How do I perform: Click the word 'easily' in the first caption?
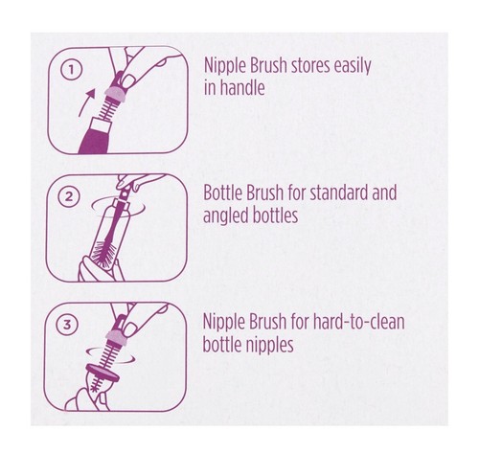click(x=351, y=68)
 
